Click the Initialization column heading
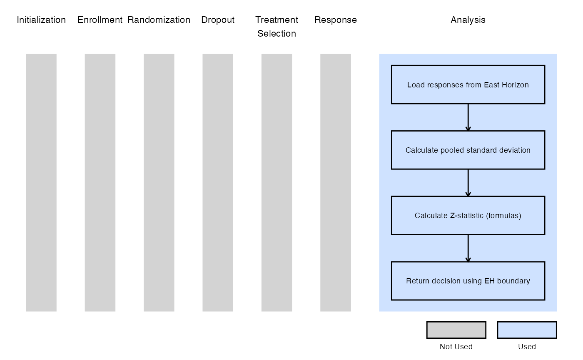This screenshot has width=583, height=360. click(41, 20)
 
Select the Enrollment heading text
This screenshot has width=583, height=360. click(100, 20)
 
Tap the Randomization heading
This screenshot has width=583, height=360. click(159, 20)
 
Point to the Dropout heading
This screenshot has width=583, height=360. click(218, 20)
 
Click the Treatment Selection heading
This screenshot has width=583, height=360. click(277, 27)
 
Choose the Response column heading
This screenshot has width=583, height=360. click(336, 20)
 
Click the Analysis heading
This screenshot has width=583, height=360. click(468, 20)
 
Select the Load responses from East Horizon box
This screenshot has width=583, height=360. click(468, 84)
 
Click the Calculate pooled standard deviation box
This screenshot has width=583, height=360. click(468, 150)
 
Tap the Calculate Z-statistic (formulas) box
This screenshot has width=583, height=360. click(468, 216)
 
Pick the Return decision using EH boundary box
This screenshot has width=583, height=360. click(468, 281)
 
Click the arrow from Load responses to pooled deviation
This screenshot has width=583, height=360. click(468, 117)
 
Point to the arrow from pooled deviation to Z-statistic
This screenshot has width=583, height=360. click(468, 183)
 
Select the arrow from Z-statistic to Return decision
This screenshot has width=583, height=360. click(468, 248)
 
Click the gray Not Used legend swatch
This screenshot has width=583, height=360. click(456, 330)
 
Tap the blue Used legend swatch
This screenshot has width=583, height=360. click(527, 330)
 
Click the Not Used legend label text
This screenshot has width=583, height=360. click(456, 346)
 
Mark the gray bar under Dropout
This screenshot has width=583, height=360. click(218, 183)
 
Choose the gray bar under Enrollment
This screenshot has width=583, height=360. click(100, 183)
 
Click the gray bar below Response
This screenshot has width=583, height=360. click(336, 183)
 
